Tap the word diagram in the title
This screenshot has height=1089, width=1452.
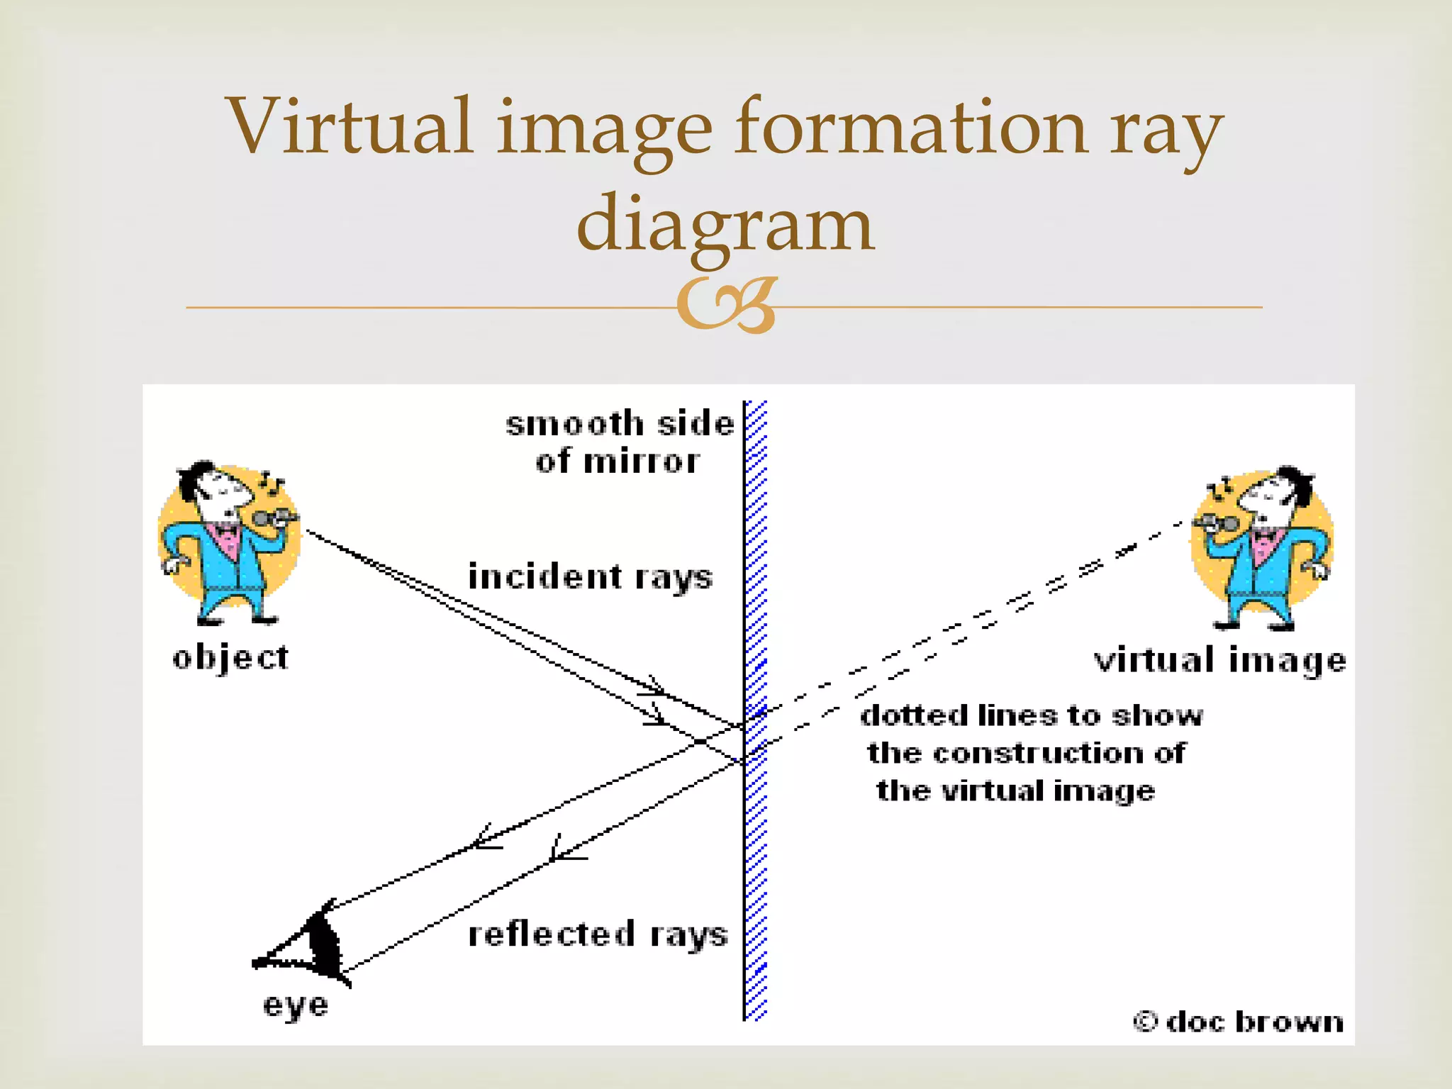[x=725, y=224]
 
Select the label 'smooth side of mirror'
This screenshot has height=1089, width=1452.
[x=619, y=442]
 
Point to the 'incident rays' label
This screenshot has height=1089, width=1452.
[x=590, y=577]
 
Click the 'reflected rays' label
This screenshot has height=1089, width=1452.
[x=598, y=934]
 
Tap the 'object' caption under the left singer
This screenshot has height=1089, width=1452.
[x=230, y=658]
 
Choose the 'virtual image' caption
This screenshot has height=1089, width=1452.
[x=1219, y=660]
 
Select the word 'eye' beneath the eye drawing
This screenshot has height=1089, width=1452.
[x=296, y=1005]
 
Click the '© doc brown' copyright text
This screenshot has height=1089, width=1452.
[x=1238, y=1022]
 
